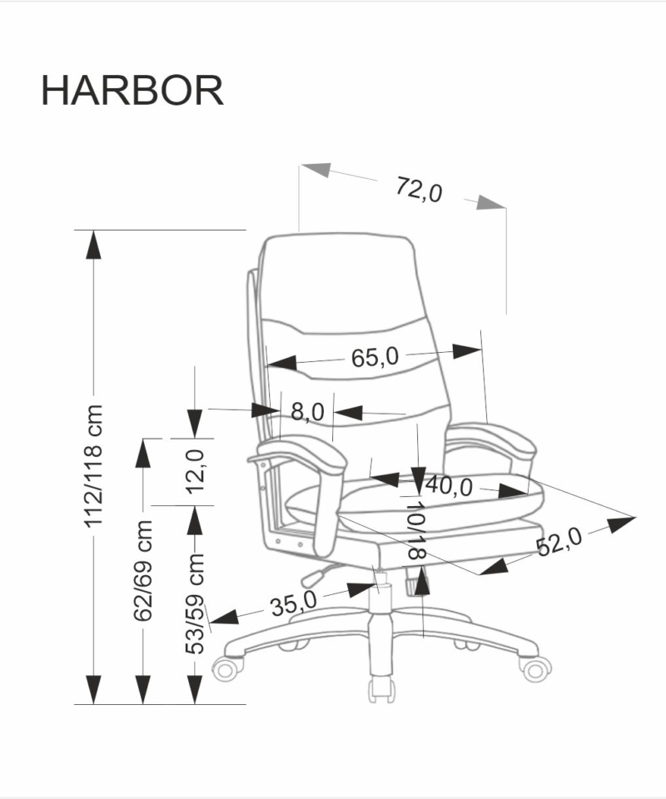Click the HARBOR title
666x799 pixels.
click(x=132, y=90)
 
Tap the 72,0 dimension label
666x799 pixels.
click(x=418, y=191)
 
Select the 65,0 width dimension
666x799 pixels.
click(x=375, y=358)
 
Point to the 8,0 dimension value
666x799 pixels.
click(x=306, y=410)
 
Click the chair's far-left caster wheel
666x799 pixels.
click(x=230, y=667)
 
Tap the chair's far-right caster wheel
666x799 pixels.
click(x=536, y=667)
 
